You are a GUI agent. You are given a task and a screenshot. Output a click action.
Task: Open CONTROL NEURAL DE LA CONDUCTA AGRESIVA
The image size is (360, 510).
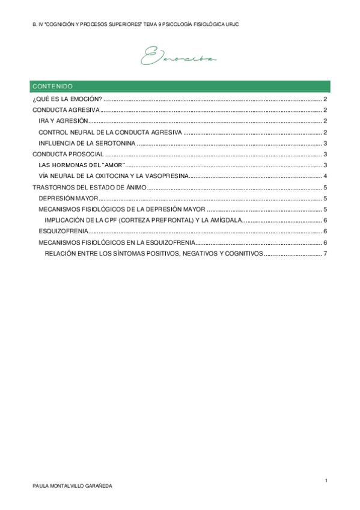pyautogui.click(x=109, y=132)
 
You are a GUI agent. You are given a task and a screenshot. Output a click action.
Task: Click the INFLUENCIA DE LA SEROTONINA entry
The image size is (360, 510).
pyautogui.click(x=87, y=143)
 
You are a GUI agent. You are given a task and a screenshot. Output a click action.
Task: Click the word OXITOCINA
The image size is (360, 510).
pyautogui.click(x=121, y=176)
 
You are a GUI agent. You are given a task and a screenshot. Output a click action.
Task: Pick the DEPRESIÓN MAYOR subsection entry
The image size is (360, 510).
pyautogui.click(x=67, y=198)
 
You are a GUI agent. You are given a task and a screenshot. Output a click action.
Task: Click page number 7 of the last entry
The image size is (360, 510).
pyautogui.click(x=325, y=253)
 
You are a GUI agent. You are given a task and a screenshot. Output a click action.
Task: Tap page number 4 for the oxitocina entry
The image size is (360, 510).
pyautogui.click(x=325, y=176)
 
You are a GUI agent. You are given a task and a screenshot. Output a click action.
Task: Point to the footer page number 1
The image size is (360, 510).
pyautogui.click(x=325, y=480)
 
